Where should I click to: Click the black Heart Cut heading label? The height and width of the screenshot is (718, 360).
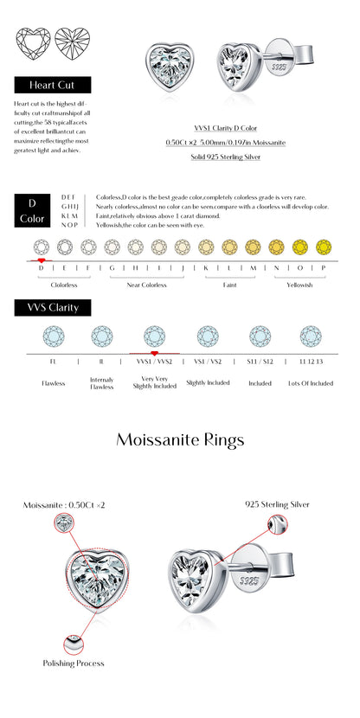coord(52,86)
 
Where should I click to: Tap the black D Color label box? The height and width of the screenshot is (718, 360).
coord(32,211)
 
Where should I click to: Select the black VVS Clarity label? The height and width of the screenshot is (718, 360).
coord(52,308)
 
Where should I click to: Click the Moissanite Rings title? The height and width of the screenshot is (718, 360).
coord(180,440)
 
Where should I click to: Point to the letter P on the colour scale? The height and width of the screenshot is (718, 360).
coord(323,268)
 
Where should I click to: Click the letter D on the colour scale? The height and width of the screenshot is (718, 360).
coord(41,268)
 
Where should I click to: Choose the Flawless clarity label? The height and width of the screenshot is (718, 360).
coord(54,383)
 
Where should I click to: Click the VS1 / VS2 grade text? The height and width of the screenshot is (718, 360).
coord(208,360)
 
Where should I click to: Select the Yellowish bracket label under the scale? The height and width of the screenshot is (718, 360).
coord(299,285)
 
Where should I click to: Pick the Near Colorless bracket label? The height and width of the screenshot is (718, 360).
coord(147,285)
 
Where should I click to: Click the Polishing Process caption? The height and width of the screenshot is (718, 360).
coord(74,664)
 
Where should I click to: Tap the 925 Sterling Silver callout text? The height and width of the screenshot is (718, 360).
coord(277,503)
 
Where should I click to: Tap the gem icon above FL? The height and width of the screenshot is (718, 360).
coord(54,336)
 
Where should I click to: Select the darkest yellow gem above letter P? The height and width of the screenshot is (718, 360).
coord(323,247)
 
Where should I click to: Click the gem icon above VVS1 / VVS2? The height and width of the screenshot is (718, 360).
coord(154,336)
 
